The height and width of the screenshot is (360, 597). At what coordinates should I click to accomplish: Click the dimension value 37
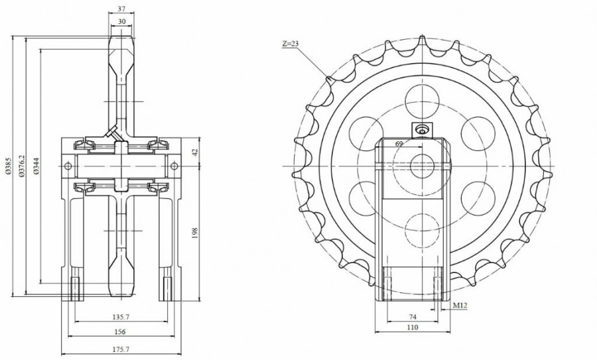click(x=121, y=9)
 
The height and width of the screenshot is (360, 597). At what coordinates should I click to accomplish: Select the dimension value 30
click(x=121, y=22)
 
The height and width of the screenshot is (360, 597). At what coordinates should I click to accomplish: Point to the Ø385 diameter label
click(x=9, y=166)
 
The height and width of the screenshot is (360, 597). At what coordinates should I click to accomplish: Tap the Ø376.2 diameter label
click(x=21, y=166)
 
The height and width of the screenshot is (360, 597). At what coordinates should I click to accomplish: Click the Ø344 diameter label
click(x=36, y=166)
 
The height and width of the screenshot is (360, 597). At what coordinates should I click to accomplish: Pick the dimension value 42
click(x=195, y=152)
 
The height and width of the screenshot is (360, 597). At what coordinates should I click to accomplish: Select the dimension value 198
click(x=195, y=233)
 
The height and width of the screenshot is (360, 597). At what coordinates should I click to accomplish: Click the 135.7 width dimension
click(x=121, y=317)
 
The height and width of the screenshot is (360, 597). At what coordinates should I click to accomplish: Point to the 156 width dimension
click(x=120, y=332)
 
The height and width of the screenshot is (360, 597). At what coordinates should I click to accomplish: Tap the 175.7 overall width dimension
click(x=121, y=349)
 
